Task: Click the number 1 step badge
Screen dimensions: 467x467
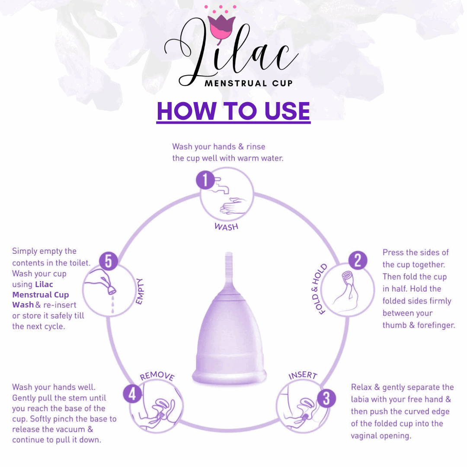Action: pos(205,180)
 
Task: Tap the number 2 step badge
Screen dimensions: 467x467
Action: pos(358,260)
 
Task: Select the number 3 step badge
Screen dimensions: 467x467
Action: pos(326,399)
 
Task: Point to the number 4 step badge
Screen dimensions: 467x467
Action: pos(132,394)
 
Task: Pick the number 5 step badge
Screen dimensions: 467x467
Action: pos(109,261)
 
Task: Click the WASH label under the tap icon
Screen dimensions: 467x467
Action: pos(226,227)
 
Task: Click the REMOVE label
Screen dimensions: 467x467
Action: pos(157,376)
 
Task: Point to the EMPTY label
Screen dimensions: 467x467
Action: pos(139,291)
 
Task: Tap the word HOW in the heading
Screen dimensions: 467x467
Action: pos(186,111)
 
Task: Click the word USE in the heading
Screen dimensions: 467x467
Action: pos(287,111)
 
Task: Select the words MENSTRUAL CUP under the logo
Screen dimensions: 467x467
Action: pos(249,83)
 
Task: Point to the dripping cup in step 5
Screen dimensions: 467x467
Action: pos(111,288)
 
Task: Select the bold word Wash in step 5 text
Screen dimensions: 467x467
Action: pos(23,305)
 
